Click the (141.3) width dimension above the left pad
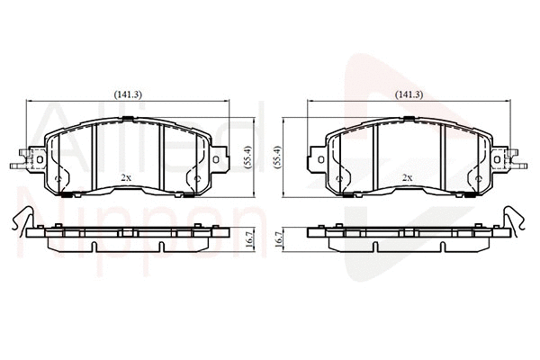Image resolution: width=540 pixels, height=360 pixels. pos(128,94)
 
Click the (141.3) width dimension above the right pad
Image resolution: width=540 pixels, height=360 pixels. pos(409,94)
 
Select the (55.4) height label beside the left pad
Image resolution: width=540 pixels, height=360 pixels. pos(248,157)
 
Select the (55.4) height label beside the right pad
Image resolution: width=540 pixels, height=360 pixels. pos(277,157)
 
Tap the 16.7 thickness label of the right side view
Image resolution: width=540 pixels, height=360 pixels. pos(279,239)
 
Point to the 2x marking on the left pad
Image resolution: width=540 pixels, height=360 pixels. pos(126,178)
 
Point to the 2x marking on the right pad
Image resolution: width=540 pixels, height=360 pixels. pos(408,178)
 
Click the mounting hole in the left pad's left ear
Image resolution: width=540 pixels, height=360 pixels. pos(40,159)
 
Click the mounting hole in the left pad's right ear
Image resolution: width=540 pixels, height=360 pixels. pos(216,159)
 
